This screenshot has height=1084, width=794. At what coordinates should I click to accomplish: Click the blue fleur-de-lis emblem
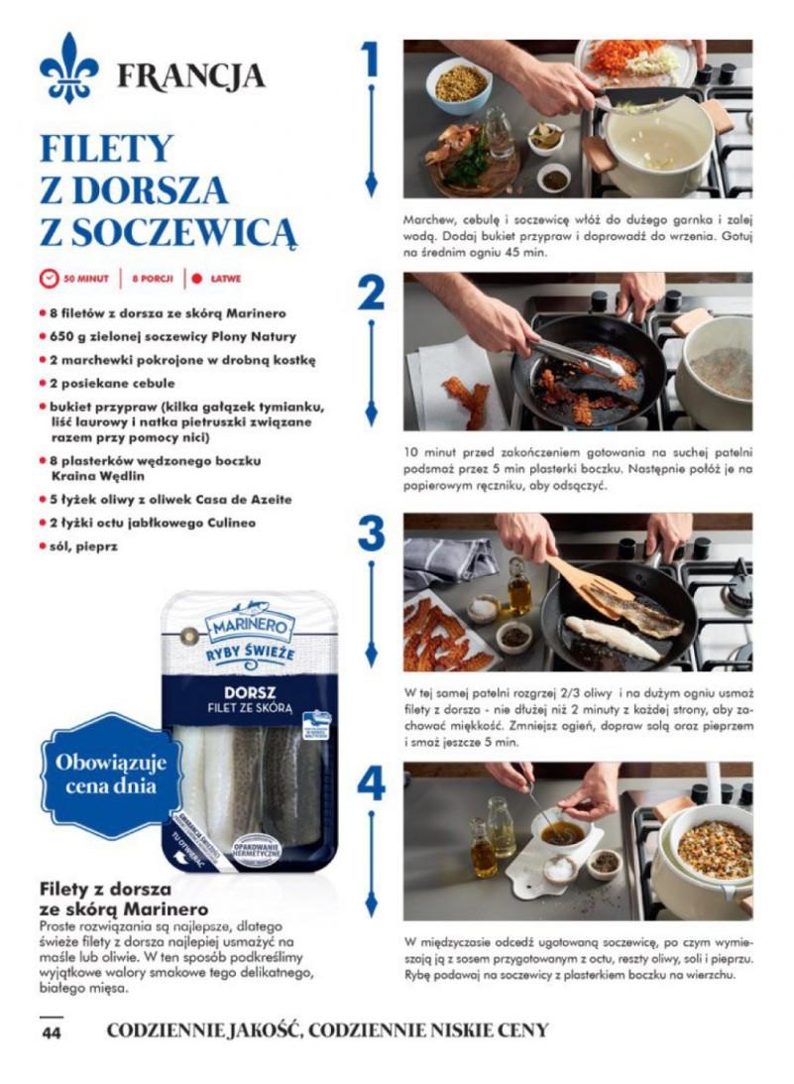69,68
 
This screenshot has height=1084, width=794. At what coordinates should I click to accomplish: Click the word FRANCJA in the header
190,75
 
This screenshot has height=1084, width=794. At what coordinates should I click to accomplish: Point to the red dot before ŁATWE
197,279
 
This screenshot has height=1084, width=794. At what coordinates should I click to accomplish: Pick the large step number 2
371,294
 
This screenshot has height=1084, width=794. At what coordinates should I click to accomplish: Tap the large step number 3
371,534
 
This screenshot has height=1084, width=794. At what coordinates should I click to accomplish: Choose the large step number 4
371,784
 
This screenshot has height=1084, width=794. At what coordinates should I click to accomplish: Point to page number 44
52,1031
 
